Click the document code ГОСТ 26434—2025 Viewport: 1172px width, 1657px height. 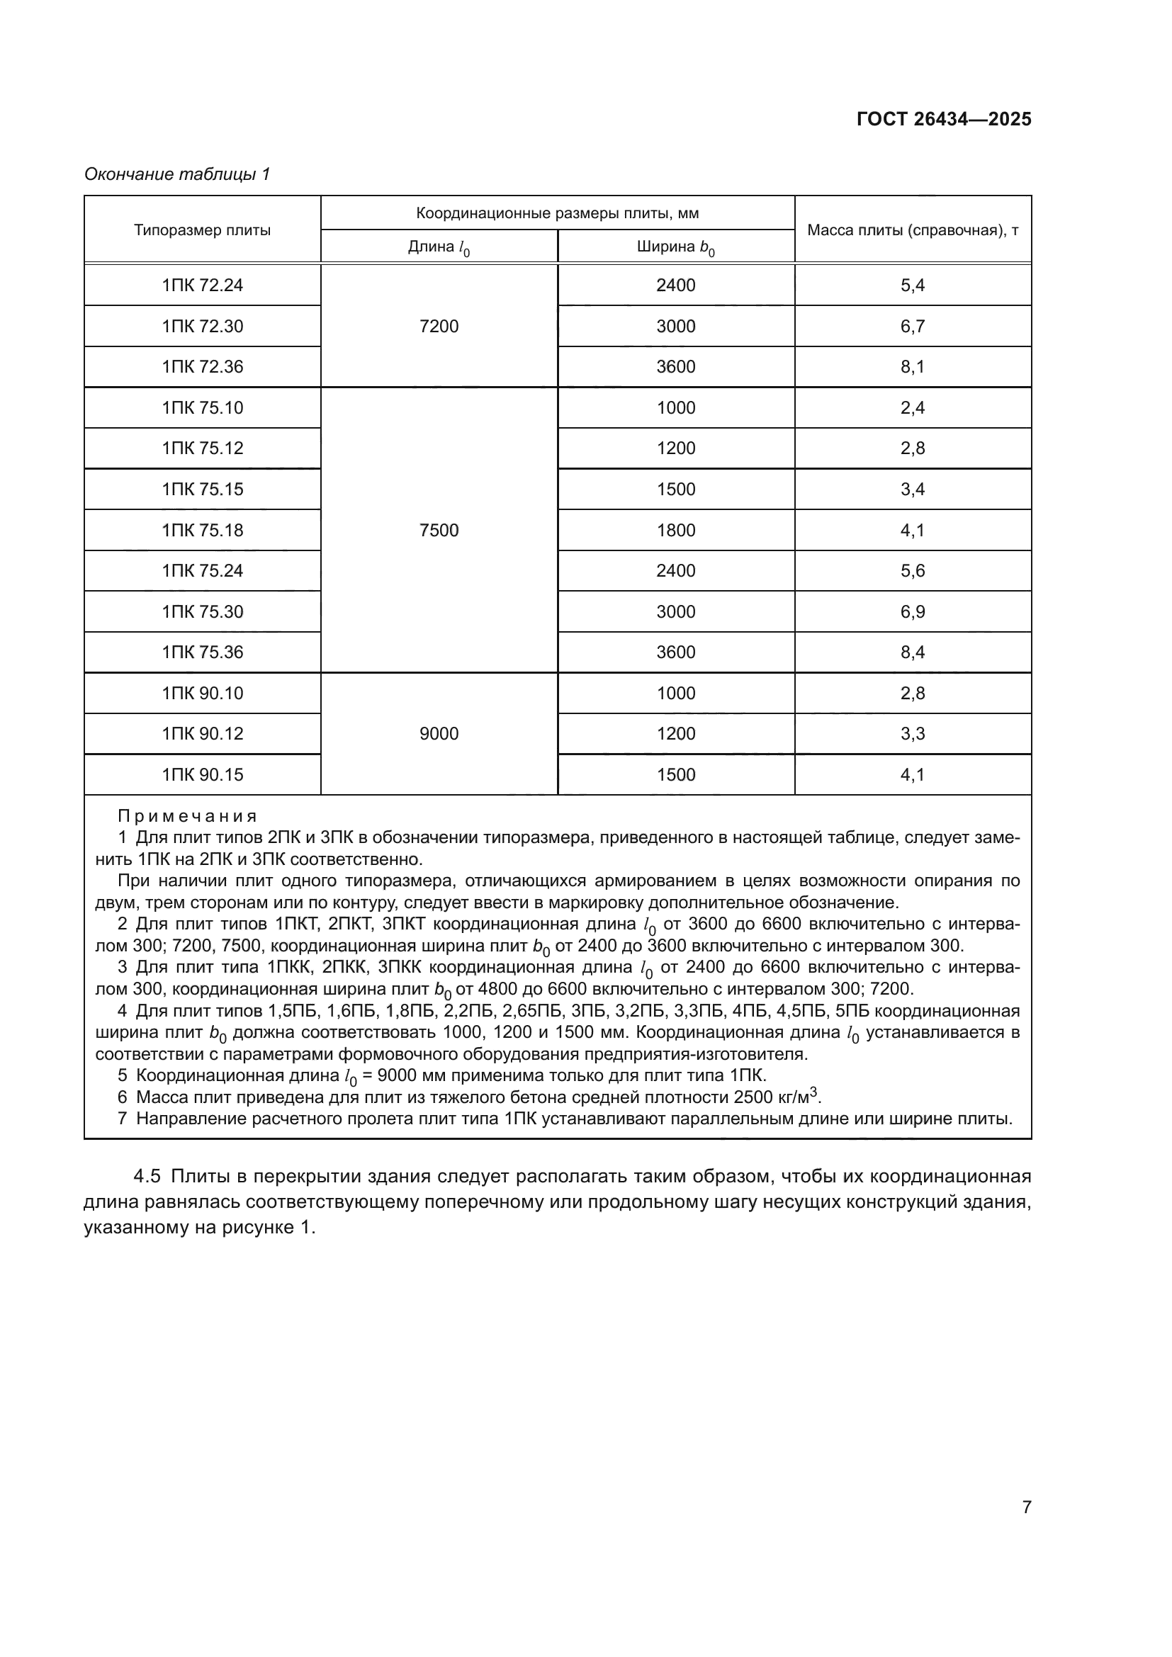pos(943,119)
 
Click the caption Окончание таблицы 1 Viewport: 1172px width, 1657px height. pos(177,174)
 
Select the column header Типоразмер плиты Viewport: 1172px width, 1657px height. pos(202,230)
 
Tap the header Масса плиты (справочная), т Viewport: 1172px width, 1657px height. pos(912,230)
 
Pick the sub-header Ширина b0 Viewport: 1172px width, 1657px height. pos(675,247)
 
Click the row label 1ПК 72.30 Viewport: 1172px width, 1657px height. pos(202,326)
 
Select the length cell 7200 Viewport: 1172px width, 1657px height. pos(439,326)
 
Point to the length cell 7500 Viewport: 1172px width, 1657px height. pos(439,531)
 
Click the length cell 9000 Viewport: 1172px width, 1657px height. pos(439,734)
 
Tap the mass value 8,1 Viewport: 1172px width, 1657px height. pos(912,367)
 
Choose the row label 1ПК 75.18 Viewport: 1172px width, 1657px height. pos(202,531)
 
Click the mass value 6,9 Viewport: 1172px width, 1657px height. pos(912,612)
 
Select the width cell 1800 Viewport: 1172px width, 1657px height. pos(675,531)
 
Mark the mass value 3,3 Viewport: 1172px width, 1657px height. pos(912,734)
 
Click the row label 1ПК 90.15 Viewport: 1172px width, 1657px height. pos(202,775)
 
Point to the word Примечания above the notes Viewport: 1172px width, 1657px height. pos(188,816)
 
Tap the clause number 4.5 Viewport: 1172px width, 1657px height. pos(147,1177)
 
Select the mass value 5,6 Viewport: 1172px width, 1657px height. pos(912,571)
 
